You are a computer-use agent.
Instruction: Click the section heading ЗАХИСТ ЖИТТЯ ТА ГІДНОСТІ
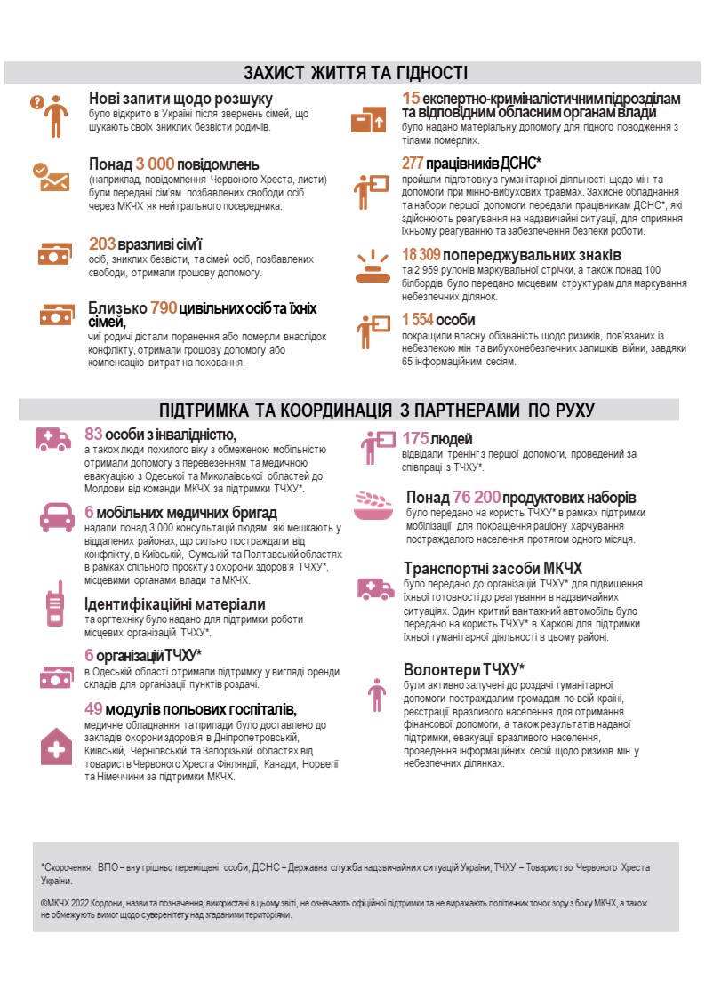click(x=356, y=73)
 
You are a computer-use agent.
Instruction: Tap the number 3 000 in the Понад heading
click(x=155, y=164)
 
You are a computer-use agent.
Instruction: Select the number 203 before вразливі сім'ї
click(x=103, y=244)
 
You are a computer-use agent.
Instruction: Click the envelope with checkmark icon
click(x=51, y=175)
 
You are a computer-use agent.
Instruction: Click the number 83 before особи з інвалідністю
click(x=93, y=435)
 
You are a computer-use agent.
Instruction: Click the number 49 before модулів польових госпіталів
click(x=93, y=708)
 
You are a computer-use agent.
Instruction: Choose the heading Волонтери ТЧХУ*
click(x=463, y=669)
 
